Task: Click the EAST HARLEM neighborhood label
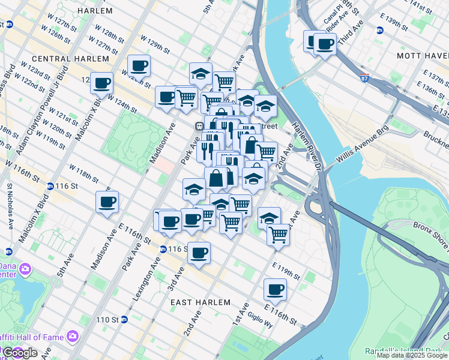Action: pyautogui.click(x=200, y=302)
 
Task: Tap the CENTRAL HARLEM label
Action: pyautogui.click(x=70, y=59)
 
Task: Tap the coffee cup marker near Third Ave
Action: pyautogui.click(x=324, y=44)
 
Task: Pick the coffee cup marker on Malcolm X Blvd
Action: pyautogui.click(x=101, y=83)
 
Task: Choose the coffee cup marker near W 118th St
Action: pyautogui.click(x=107, y=202)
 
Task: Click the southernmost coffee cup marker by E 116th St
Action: pyautogui.click(x=275, y=289)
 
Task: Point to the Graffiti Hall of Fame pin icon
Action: pyautogui.click(x=73, y=335)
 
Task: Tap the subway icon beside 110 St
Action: pyautogui.click(x=124, y=319)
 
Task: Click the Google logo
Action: pyautogui.click(x=19, y=353)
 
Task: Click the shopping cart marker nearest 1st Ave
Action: pyautogui.click(x=277, y=235)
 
